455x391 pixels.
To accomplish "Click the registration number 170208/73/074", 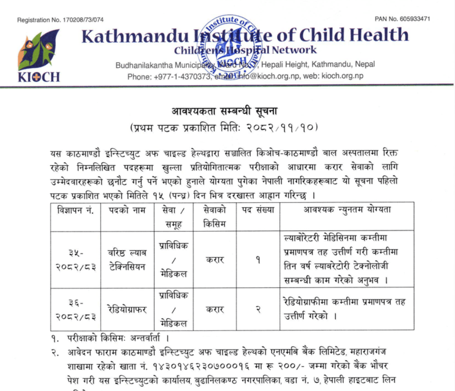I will coord(82,20).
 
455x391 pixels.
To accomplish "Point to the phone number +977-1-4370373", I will coord(181,76).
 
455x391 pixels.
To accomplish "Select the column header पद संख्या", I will coord(258,210).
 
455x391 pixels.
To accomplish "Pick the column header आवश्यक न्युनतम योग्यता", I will coord(347,210).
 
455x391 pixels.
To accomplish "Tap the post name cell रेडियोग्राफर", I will coord(126,310).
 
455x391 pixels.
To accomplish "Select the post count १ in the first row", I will coord(258,260).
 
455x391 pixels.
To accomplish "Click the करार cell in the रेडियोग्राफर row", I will coord(215,310).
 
